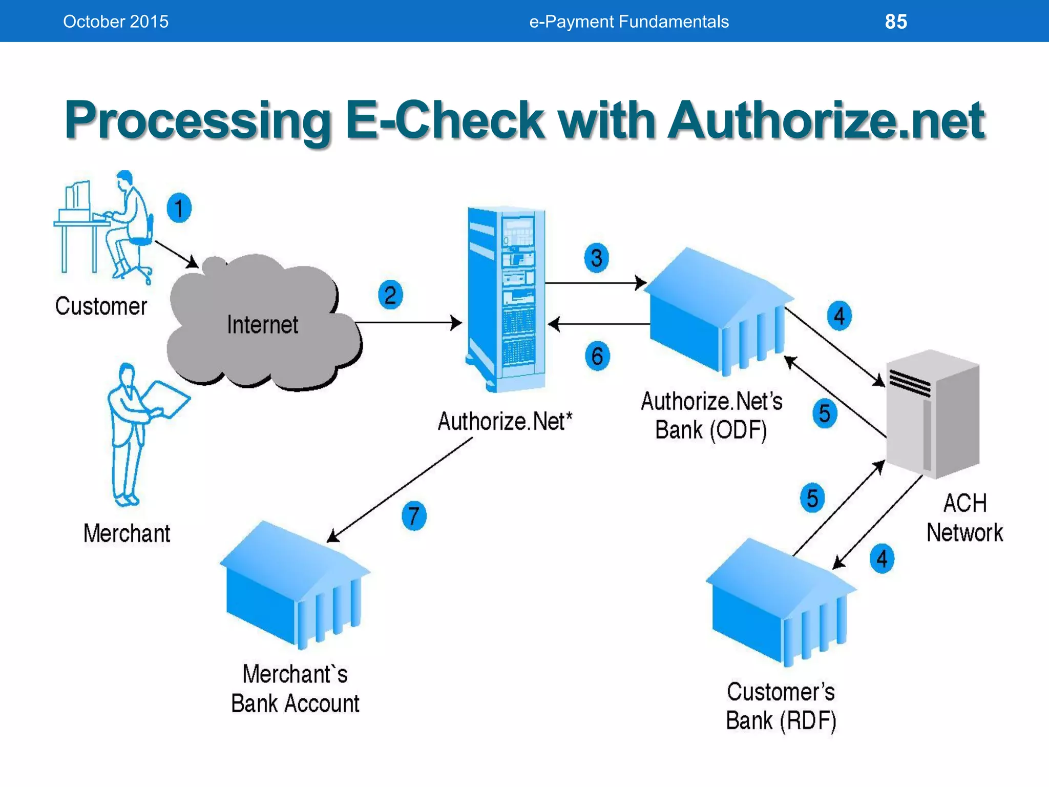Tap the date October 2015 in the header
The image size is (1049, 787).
[115, 22]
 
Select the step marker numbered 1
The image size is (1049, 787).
[179, 208]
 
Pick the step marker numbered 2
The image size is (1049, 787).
[390, 295]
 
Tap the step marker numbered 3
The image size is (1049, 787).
[596, 258]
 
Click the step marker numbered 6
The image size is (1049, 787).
[597, 356]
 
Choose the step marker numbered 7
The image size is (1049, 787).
[414, 515]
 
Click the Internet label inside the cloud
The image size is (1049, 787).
[262, 325]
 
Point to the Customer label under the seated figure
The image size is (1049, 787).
[101, 306]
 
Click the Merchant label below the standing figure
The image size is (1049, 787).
[127, 533]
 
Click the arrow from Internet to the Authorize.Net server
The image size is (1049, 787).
[408, 323]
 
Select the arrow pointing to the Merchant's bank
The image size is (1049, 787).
[400, 490]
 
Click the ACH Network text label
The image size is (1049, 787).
[964, 517]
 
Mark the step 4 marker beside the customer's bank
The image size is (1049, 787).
[882, 558]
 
